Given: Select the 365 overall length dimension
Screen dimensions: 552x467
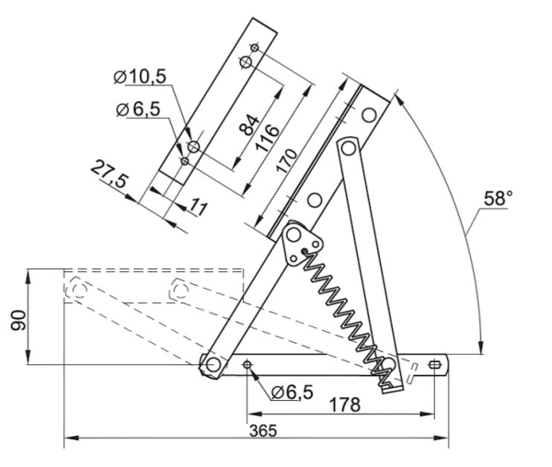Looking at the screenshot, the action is [263, 431].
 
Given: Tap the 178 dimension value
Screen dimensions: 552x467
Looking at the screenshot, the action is [345, 404].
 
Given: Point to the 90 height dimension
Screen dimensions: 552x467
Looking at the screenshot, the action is [18, 320].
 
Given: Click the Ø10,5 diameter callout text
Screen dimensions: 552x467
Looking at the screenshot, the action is [140, 76].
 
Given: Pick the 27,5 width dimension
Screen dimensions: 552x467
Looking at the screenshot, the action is [109, 174].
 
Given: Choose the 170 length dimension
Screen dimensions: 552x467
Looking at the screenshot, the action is [286, 161].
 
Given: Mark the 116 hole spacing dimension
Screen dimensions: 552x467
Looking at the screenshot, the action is [268, 138].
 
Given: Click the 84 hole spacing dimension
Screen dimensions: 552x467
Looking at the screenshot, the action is [249, 125].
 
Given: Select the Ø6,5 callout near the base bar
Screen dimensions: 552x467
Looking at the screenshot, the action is [293, 393].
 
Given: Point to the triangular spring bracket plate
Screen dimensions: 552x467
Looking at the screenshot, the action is [302, 243].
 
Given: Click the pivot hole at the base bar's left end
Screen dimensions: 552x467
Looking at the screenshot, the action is [213, 365].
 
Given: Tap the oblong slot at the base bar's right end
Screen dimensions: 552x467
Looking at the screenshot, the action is [435, 365].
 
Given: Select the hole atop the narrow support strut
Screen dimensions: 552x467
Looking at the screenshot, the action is [348, 148].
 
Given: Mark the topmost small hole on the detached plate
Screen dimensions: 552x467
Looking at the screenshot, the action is [255, 48].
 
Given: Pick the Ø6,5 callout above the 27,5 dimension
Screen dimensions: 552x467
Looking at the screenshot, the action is [138, 109].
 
